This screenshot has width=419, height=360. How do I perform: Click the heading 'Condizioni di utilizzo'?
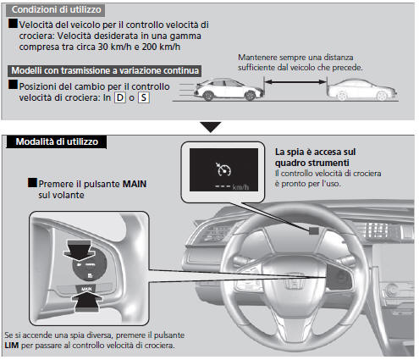[x=57, y=10]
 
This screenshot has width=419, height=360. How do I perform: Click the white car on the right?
[x=358, y=88]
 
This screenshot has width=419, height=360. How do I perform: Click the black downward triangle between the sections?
[x=209, y=126]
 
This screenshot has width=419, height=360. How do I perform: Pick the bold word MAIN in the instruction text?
[x=130, y=182]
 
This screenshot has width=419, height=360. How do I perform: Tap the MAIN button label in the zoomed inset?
[x=85, y=289]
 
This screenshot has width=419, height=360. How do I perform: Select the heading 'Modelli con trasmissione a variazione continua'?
[x=103, y=70]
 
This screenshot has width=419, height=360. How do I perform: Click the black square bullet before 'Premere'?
[x=31, y=182]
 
